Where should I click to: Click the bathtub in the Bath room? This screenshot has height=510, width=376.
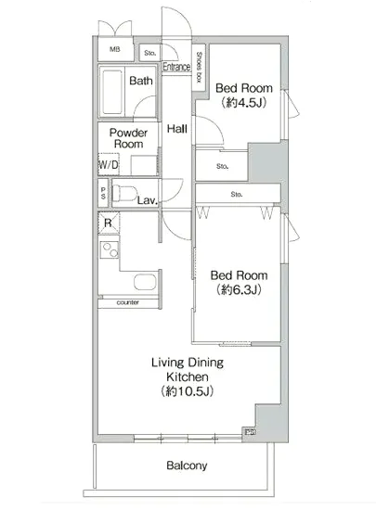[x=112, y=92]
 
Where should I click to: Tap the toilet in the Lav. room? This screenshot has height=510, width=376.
[x=124, y=193]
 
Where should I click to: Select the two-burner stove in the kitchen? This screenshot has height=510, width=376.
[x=109, y=249]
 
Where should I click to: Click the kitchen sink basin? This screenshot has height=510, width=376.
[x=145, y=282]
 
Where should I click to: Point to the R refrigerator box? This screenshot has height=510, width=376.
[x=109, y=223]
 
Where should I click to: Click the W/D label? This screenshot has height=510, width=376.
[x=109, y=164]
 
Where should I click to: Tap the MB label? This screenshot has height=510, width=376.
[x=114, y=49]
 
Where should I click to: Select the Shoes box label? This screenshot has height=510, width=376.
[x=200, y=67]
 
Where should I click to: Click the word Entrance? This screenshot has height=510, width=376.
[x=176, y=67]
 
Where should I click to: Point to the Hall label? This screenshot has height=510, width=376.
[x=176, y=129]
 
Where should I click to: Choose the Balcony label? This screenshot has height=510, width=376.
[x=187, y=465]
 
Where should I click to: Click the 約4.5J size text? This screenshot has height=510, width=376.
[x=244, y=102]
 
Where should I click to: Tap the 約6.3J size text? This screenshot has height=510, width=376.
[x=239, y=289]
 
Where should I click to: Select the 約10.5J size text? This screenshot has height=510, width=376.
[x=188, y=391]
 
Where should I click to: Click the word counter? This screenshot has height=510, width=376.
[x=127, y=302]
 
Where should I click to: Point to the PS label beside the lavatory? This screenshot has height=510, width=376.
[x=103, y=193]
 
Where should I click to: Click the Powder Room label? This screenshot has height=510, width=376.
[x=129, y=138]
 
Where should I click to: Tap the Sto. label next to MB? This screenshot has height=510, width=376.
[x=150, y=53]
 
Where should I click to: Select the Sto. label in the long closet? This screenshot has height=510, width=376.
[x=237, y=194]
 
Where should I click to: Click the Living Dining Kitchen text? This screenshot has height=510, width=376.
[x=188, y=369]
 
